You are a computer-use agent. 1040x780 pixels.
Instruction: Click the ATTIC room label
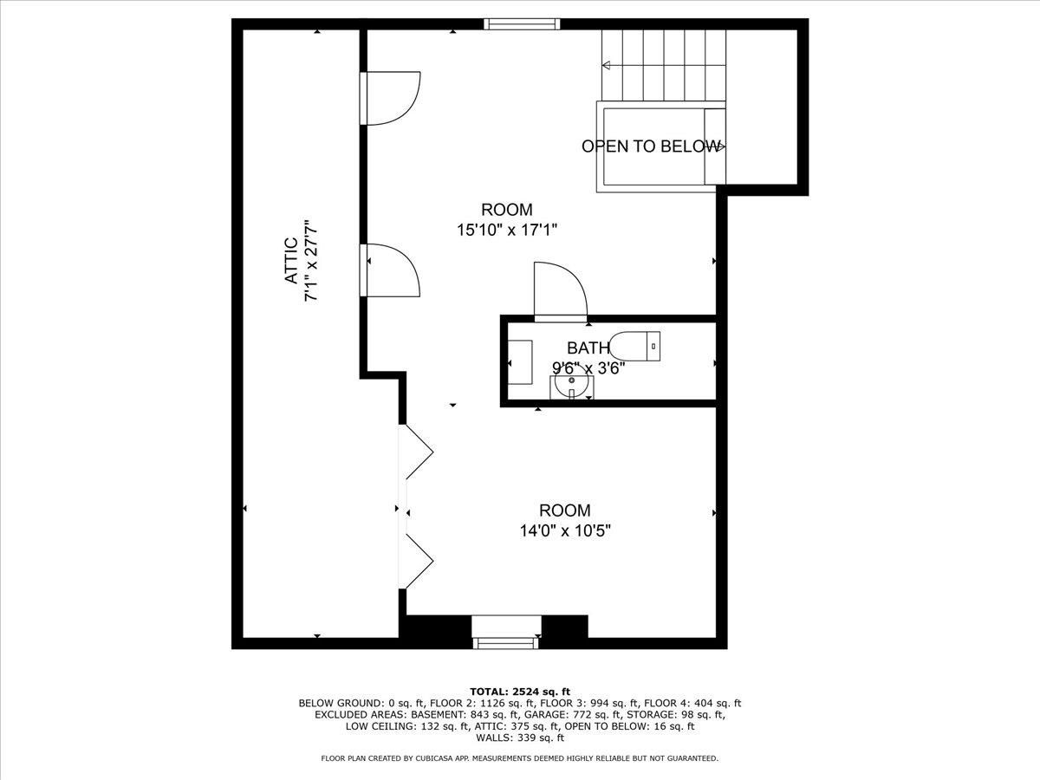coord(291,261)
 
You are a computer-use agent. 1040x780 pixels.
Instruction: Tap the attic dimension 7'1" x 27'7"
coord(310,261)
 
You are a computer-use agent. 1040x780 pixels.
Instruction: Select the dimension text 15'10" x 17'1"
coord(507,231)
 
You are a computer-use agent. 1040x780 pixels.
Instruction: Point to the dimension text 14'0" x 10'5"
coord(565,531)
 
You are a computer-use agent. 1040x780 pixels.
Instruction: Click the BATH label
coord(588,348)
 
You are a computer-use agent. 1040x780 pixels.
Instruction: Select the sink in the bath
coord(571,387)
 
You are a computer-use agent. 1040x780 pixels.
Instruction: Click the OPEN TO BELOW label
coord(650,146)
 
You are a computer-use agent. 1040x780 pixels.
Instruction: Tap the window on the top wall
coord(522,24)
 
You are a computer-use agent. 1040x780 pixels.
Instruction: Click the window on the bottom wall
coord(506,642)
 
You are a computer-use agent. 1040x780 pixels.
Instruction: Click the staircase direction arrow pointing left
coord(607,65)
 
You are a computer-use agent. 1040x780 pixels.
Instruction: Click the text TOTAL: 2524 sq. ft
coord(519,690)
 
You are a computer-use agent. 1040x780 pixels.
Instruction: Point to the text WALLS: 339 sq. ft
coord(519,738)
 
